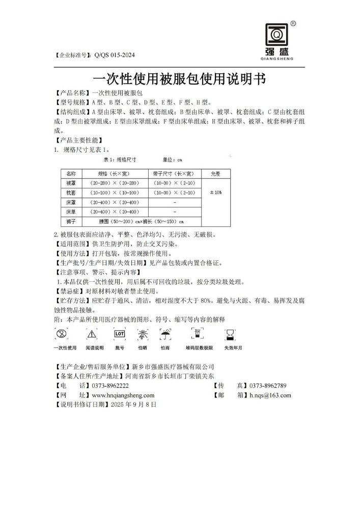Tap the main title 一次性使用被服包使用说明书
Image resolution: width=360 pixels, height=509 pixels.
[180, 79]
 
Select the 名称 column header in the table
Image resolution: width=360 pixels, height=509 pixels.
[71, 174]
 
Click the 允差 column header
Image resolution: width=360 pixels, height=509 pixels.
[215, 174]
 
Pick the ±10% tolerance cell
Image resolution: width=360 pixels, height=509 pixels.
[215, 193]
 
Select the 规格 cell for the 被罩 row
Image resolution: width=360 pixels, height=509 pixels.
[115, 183]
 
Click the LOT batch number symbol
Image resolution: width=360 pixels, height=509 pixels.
[120, 334]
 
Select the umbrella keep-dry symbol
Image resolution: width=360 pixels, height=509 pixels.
[165, 334]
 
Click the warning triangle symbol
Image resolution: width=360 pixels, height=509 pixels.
[92, 334]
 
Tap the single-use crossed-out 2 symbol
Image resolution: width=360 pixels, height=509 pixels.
[63, 334]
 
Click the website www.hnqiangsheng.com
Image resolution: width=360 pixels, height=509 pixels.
[123, 395]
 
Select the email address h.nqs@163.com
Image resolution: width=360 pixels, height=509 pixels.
[270, 395]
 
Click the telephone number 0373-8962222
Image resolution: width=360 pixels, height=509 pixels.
[110, 386]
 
